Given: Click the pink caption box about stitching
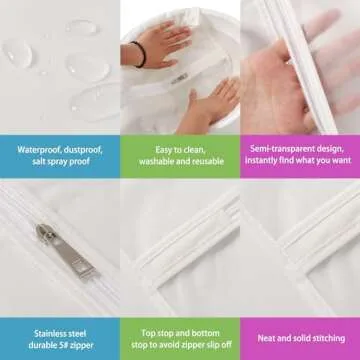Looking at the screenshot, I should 299,327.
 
